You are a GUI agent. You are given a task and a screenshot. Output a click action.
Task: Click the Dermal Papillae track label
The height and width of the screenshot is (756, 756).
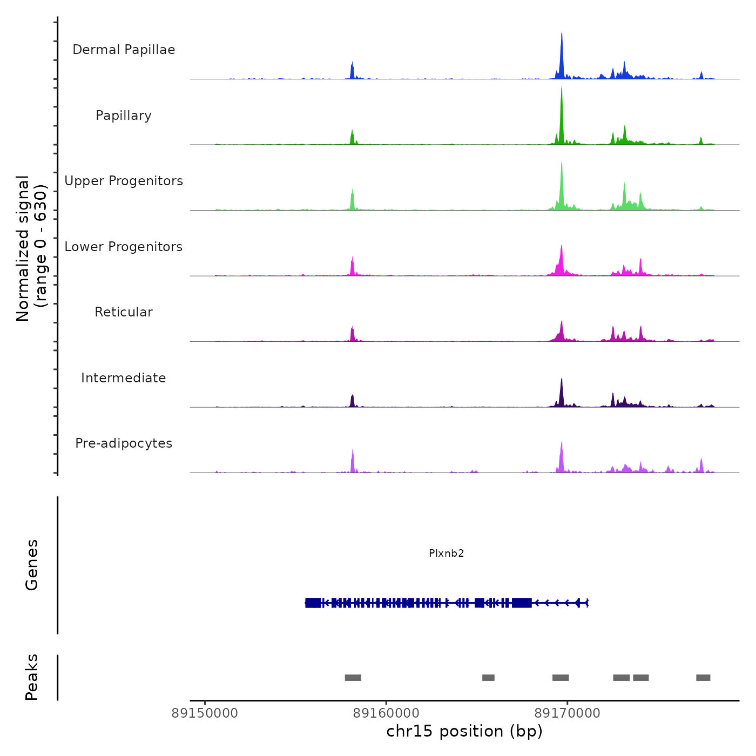pyautogui.click(x=124, y=50)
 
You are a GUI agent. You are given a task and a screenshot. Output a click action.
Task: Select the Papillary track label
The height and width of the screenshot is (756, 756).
pyautogui.click(x=124, y=116)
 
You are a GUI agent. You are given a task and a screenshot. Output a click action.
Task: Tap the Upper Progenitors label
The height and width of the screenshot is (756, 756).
pyautogui.click(x=124, y=181)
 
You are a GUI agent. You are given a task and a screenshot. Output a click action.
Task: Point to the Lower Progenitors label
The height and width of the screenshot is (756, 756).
pyautogui.click(x=124, y=247)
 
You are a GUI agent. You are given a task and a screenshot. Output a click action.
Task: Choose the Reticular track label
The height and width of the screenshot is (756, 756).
pyautogui.click(x=124, y=312)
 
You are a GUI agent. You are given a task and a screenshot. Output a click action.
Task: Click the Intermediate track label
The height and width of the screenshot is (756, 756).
pyautogui.click(x=124, y=378)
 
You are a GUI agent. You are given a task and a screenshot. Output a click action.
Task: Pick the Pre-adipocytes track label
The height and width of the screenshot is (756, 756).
pyautogui.click(x=124, y=443)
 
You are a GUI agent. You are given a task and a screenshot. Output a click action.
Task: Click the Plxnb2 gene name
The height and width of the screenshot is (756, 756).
pyautogui.click(x=447, y=553)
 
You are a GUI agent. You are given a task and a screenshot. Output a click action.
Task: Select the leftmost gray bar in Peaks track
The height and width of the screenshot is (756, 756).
pyautogui.click(x=353, y=678)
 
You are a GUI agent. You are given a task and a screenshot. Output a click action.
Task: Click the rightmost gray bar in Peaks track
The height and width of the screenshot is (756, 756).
pyautogui.click(x=703, y=678)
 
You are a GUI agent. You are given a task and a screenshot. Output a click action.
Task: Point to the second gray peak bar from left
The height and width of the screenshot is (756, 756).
pyautogui.click(x=488, y=678)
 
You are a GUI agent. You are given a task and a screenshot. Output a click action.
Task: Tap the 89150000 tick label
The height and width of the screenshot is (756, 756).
pyautogui.click(x=205, y=713)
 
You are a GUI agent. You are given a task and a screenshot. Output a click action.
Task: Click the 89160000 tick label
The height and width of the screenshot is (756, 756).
pyautogui.click(x=386, y=713)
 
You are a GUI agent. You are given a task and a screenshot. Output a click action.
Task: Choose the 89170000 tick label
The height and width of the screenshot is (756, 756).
pyautogui.click(x=567, y=713)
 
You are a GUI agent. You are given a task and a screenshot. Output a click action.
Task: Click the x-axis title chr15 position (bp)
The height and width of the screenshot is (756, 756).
pyautogui.click(x=464, y=731)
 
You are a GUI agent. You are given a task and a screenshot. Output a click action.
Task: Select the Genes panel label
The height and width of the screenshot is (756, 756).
pyautogui.click(x=32, y=565)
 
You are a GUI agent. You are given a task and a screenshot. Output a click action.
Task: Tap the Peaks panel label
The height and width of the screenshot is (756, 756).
pyautogui.click(x=32, y=677)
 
